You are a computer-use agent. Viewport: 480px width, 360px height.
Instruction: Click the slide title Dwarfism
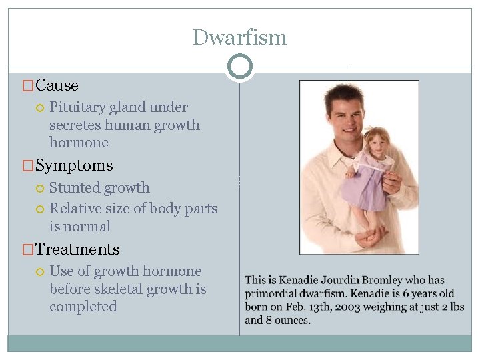coord(239,37)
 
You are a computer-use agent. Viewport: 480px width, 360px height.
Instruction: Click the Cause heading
coord(57,85)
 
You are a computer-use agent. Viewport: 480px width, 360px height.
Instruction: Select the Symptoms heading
coord(74,165)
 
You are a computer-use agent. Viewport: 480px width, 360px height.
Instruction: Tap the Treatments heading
coord(77,249)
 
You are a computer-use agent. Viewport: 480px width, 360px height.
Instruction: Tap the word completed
coord(83,307)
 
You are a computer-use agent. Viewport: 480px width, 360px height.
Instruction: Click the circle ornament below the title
coord(239,66)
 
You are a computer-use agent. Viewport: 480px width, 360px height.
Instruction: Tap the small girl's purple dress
coord(365,190)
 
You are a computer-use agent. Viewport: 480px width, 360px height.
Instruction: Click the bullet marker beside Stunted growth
coord(41,189)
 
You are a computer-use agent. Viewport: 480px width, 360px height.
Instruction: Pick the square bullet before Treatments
coord(28,250)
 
